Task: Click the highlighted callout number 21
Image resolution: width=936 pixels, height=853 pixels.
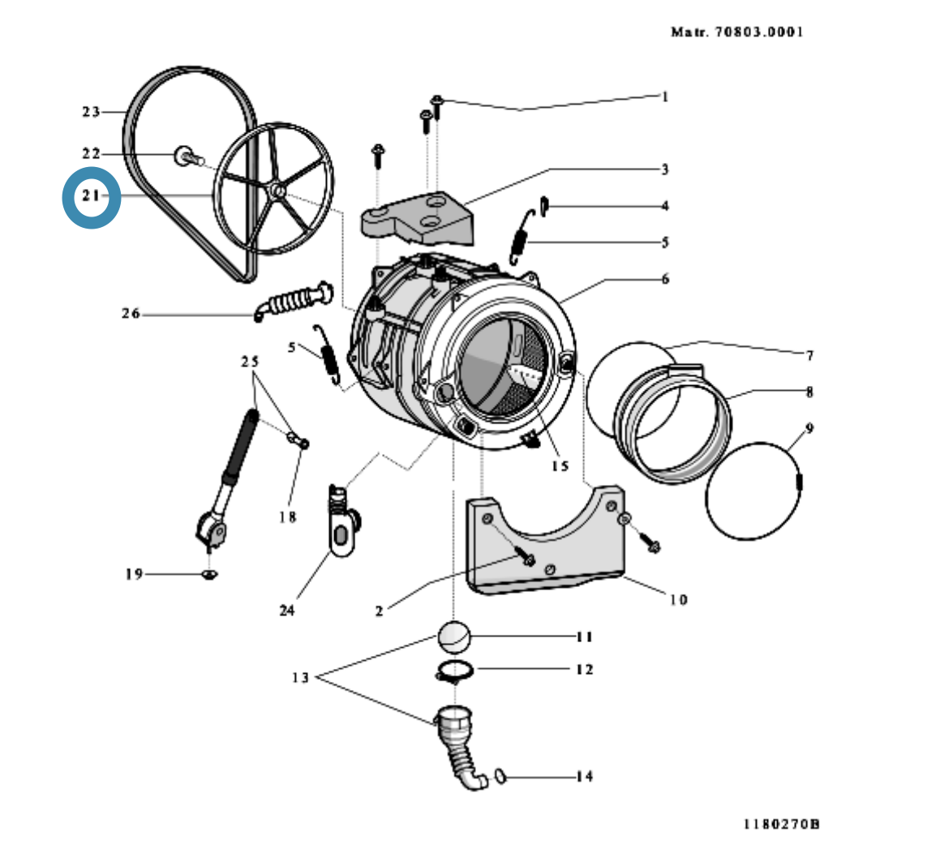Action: tap(91, 196)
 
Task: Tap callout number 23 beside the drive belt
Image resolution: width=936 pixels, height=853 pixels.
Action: tap(90, 112)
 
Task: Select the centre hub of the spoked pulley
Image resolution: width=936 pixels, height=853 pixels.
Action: tap(276, 190)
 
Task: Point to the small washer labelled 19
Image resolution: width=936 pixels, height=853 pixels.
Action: tap(209, 575)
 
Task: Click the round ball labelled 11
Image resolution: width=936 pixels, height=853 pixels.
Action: tap(453, 637)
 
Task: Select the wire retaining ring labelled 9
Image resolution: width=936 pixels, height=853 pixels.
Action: tap(754, 491)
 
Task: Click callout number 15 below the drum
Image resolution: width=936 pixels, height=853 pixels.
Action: tap(560, 466)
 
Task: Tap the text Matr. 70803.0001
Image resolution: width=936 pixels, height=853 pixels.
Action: tap(737, 32)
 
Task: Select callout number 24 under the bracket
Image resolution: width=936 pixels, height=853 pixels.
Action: tap(287, 610)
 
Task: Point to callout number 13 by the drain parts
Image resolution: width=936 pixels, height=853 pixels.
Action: tap(300, 677)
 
